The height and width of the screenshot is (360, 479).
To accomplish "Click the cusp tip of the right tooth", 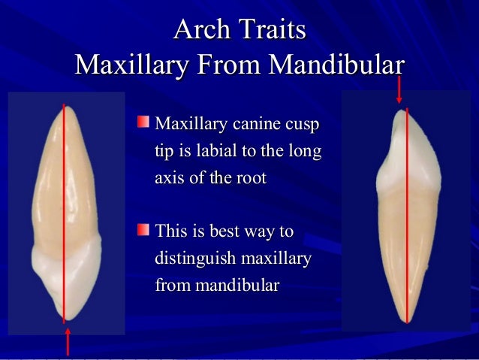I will point(405,110).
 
